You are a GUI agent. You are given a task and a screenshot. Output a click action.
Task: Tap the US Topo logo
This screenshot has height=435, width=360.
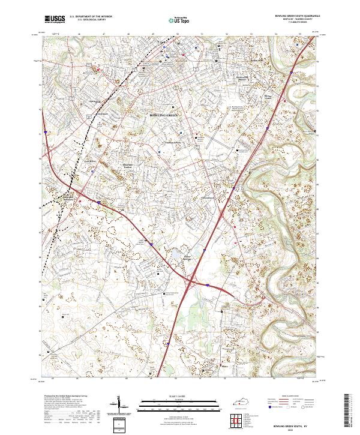pyautogui.click(x=179, y=20)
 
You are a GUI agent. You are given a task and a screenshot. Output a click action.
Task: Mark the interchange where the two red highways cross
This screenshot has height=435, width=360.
pyautogui.click(x=194, y=279)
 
